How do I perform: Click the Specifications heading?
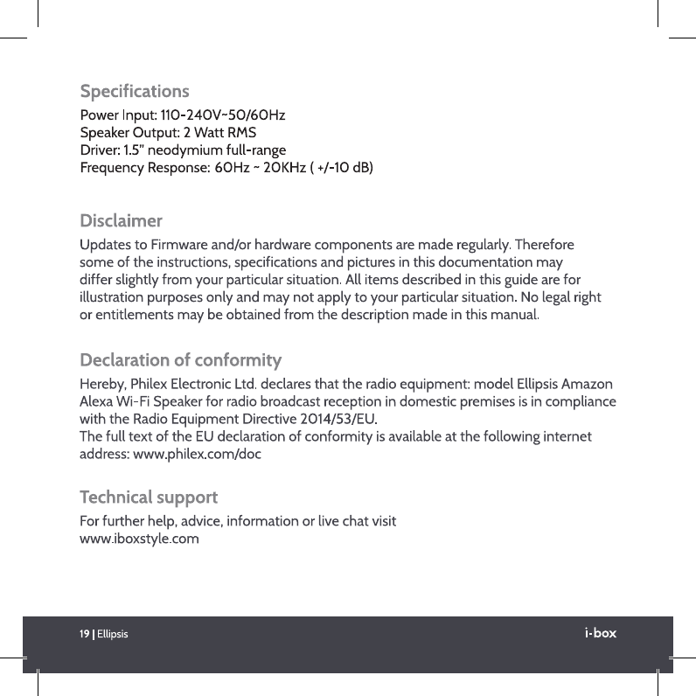click(134, 91)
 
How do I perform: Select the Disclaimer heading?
click(121, 219)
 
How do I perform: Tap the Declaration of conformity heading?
click(180, 359)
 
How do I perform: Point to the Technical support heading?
click(149, 498)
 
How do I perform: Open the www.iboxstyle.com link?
click(139, 539)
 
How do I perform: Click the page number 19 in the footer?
click(85, 633)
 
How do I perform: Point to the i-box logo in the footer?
click(600, 632)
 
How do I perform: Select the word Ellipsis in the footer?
click(113, 634)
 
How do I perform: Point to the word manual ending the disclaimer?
click(515, 312)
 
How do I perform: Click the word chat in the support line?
click(345, 522)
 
